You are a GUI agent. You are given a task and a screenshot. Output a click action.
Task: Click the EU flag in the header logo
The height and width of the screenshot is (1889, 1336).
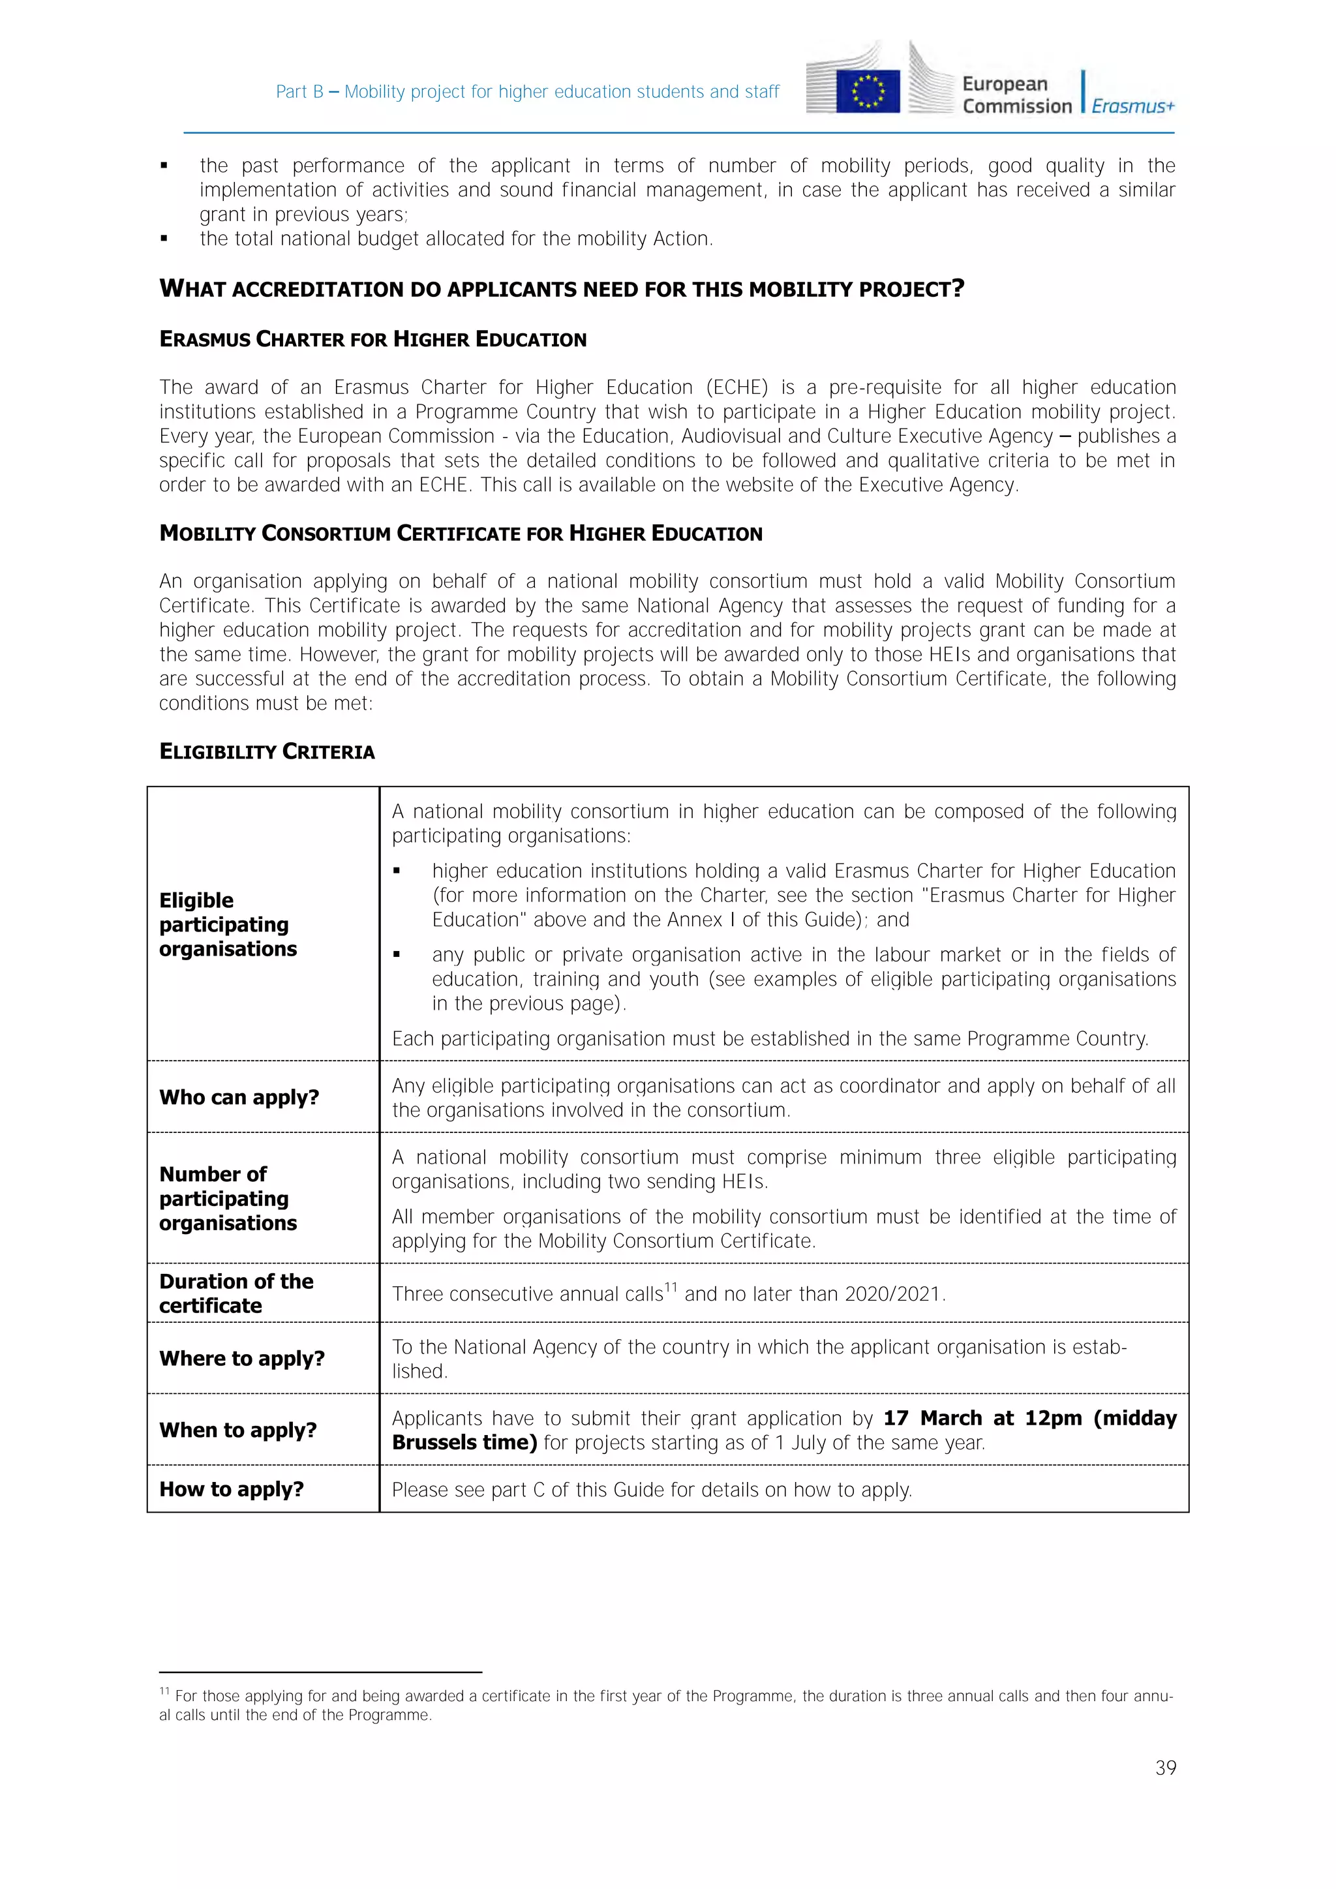[868, 91]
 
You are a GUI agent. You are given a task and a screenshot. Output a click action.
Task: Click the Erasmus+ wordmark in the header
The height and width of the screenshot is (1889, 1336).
[1133, 106]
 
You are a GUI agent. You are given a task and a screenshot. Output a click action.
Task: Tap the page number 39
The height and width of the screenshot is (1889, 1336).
[1165, 1767]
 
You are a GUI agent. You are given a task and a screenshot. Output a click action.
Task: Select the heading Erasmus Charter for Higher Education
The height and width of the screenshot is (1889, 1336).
[372, 339]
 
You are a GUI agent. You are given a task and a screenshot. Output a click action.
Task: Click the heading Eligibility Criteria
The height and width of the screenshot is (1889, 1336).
[267, 751]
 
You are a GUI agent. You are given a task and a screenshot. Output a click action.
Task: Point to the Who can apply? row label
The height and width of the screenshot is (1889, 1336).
[239, 1098]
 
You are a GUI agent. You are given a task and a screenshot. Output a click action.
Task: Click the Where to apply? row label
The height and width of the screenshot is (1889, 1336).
[242, 1358]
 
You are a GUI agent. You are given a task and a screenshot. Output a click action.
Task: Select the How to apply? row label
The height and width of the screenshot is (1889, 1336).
[231, 1489]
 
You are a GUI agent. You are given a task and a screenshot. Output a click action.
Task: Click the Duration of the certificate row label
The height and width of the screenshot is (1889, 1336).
[236, 1293]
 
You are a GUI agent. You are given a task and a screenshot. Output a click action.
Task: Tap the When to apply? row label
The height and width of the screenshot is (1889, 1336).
[237, 1430]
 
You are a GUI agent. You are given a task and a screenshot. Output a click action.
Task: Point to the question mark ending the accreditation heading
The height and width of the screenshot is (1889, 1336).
[958, 289]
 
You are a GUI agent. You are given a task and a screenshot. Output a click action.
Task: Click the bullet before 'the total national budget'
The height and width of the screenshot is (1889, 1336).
[164, 239]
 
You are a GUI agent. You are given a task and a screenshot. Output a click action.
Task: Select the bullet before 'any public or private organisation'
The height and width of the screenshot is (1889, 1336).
[397, 955]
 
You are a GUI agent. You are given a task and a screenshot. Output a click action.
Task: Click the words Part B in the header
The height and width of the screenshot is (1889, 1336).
[299, 91]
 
